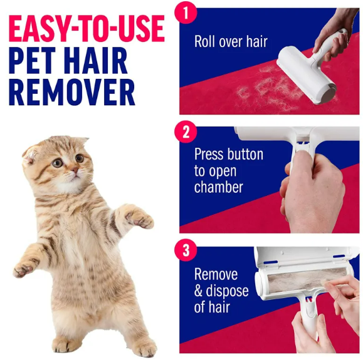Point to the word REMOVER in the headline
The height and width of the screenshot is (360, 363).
71,93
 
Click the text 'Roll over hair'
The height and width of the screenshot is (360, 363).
230,42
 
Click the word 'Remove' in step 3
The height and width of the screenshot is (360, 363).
216,274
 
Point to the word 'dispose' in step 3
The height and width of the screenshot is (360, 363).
228,291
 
